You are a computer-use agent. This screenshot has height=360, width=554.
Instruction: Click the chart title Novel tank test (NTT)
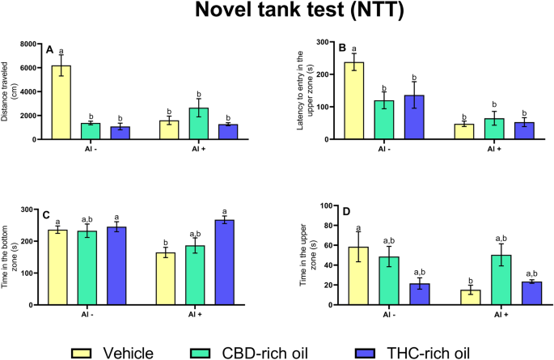tap(277, 14)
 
